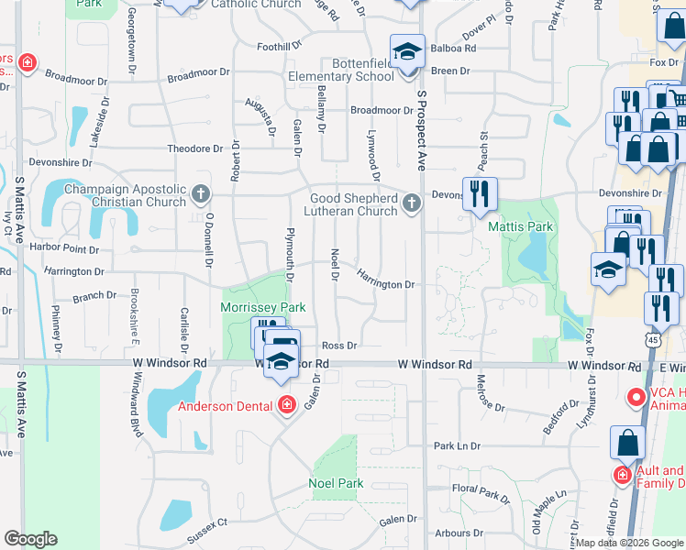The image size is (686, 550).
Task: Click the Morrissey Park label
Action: [x=262, y=307]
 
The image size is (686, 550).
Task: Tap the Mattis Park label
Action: [x=520, y=225]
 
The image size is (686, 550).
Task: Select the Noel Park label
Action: [x=336, y=483]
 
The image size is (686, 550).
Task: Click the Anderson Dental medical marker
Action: [x=286, y=404]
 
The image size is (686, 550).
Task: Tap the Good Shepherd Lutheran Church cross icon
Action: [x=412, y=203]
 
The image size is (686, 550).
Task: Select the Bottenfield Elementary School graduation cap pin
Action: [x=407, y=51]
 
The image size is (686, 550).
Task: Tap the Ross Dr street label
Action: [x=338, y=346]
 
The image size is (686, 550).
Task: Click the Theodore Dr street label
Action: [x=194, y=148]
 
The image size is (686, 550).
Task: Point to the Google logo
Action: [x=31, y=539]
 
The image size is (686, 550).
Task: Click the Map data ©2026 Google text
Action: [x=629, y=543]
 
